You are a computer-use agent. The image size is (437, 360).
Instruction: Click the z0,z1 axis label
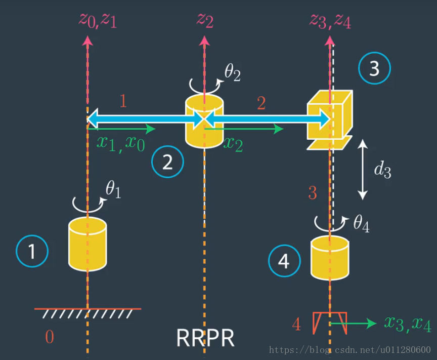click(x=98, y=20)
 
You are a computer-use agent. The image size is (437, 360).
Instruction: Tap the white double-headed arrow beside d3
click(x=363, y=170)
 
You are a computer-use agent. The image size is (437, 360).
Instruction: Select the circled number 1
click(x=32, y=251)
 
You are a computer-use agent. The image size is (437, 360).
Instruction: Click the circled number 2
click(x=167, y=162)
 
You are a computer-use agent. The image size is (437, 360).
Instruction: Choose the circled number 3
click(x=374, y=69)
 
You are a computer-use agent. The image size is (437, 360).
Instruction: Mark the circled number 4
click(x=284, y=261)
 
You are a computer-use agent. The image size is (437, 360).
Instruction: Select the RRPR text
click(x=205, y=338)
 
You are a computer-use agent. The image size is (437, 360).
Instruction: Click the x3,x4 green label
click(x=407, y=324)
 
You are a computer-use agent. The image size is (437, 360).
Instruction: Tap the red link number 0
click(x=49, y=337)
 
